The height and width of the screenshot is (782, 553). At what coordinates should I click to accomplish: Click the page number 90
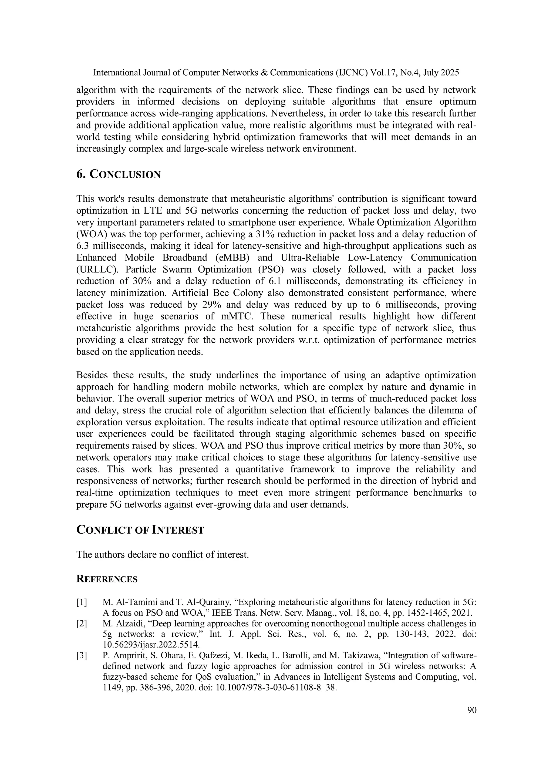coord(472,710)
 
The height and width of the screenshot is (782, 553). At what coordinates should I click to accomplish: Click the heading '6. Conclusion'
coord(118,174)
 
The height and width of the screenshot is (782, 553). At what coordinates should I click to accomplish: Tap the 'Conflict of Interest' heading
coord(140,530)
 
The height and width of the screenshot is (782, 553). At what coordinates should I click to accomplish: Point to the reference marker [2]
coord(82,623)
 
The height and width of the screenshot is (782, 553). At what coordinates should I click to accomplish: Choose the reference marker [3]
coord(82,655)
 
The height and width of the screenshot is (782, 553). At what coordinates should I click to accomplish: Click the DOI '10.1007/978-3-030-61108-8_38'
coord(276,687)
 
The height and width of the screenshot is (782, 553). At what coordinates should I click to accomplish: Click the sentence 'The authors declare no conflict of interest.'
coord(163,554)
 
